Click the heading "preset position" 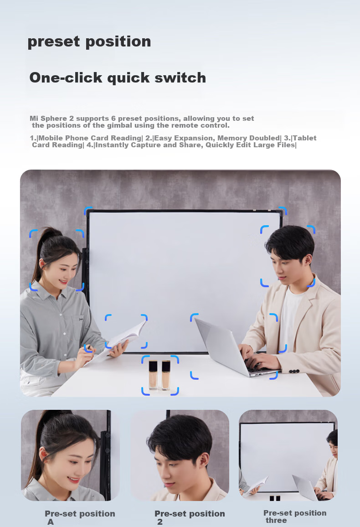(x=89, y=42)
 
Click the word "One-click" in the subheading (x=66, y=77)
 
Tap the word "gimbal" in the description (x=119, y=126)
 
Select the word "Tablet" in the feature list (x=304, y=138)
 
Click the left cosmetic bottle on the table (x=153, y=374)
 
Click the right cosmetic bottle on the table (x=166, y=375)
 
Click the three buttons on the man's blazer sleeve (x=294, y=372)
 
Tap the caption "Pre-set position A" (x=80, y=517)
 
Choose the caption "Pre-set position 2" (x=190, y=517)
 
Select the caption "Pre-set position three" (x=295, y=517)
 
